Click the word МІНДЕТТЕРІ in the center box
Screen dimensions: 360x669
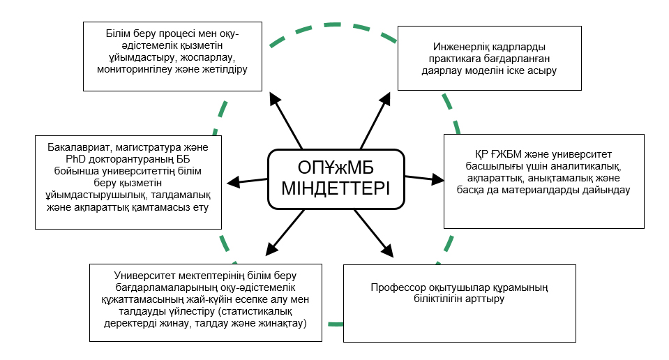337,189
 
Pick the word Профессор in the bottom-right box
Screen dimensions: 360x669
396,287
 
